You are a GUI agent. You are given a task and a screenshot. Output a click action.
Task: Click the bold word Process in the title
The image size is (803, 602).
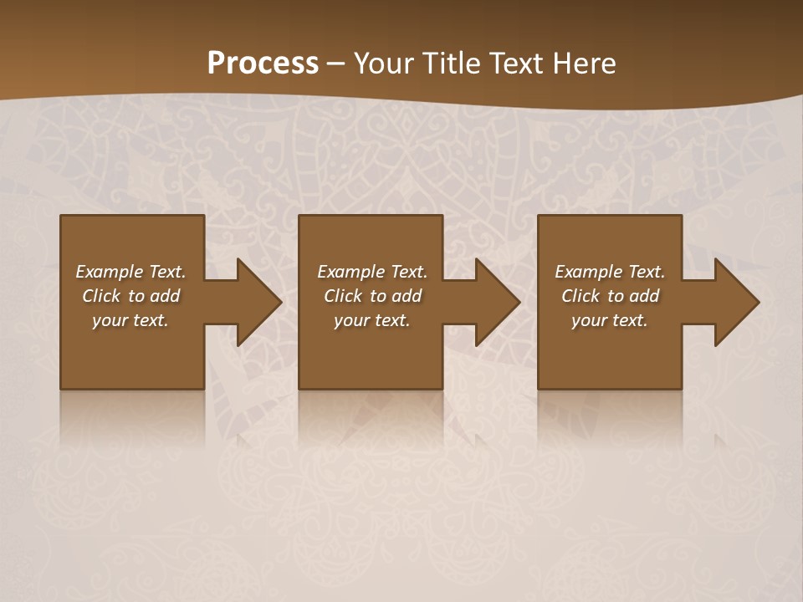(x=263, y=64)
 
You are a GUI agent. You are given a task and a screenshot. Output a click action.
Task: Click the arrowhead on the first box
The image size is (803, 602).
(x=255, y=302)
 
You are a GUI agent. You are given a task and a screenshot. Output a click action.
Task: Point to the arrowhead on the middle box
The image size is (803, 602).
(x=494, y=302)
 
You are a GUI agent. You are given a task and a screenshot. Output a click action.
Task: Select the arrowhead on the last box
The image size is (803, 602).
(x=734, y=302)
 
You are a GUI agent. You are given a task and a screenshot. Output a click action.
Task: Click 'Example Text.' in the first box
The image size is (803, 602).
(x=130, y=272)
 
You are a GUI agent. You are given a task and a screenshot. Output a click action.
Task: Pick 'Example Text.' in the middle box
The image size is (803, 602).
(x=372, y=272)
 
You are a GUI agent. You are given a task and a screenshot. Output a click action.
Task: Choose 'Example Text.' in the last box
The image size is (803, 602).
(x=610, y=272)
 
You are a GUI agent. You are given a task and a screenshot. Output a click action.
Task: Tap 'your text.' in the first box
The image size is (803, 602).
(x=130, y=320)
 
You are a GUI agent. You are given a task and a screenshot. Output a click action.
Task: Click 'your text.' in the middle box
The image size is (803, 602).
(x=372, y=320)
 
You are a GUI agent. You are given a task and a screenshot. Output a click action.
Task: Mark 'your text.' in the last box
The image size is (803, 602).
(x=610, y=320)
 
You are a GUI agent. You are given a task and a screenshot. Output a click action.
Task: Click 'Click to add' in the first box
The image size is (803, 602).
(x=130, y=296)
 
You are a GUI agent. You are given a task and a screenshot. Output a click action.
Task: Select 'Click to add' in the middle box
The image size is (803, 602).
(x=372, y=296)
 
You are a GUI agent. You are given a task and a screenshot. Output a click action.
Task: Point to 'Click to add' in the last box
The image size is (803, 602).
(x=610, y=296)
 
